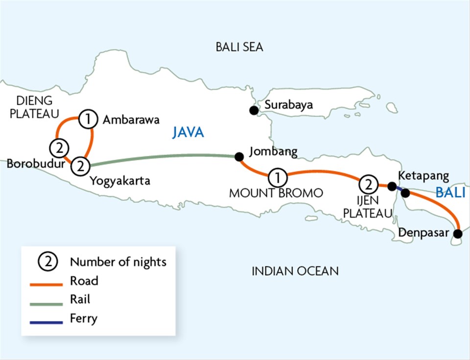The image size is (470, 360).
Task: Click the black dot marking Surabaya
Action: point(254,111)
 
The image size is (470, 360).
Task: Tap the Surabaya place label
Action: point(288,106)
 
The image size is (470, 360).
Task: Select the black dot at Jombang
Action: point(238,157)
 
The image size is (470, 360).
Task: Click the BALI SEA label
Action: point(239,47)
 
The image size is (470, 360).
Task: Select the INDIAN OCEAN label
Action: point(295,271)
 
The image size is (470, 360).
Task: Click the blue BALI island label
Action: point(450,193)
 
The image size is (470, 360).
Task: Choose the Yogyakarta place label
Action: point(120,181)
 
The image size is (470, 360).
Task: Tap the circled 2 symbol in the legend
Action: point(48,262)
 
